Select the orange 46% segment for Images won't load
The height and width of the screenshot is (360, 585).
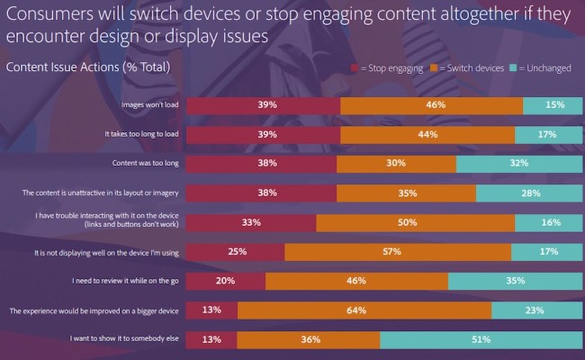[x=431, y=105]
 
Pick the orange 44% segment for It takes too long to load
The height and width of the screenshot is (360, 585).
[x=427, y=135]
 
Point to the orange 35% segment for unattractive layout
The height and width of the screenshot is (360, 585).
[x=406, y=193]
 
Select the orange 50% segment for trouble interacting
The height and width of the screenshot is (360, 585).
[x=416, y=222]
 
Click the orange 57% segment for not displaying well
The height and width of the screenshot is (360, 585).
[x=391, y=252]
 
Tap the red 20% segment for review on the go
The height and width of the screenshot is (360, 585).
[x=225, y=281]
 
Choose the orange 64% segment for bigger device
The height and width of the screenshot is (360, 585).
[x=364, y=310]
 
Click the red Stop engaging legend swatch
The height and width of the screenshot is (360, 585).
[x=355, y=67]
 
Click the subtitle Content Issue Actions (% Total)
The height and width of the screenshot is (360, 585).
[x=88, y=67]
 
